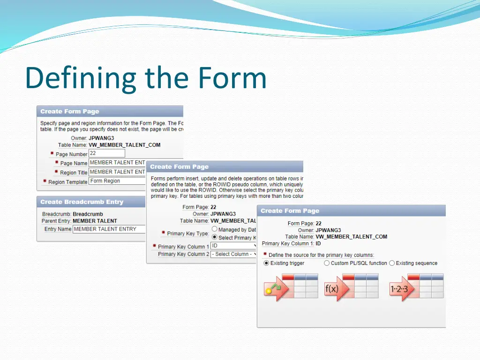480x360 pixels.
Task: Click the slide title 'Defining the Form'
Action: pyautogui.click(x=146, y=78)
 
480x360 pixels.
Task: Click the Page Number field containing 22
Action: pyautogui.click(x=106, y=153)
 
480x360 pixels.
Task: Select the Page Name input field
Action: pyautogui.click(x=117, y=163)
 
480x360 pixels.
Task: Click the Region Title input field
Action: pyautogui.click(x=117, y=172)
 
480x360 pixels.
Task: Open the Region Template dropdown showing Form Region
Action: pyautogui.click(x=117, y=181)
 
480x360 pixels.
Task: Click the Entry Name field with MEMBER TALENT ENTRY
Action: pyautogui.click(x=109, y=229)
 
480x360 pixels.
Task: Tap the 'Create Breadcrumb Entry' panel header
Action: pyautogui.click(x=82, y=202)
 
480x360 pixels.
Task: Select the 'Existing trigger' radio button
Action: pyautogui.click(x=267, y=263)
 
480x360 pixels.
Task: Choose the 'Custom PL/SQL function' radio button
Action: pyautogui.click(x=327, y=263)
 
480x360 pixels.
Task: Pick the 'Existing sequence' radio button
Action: pyautogui.click(x=392, y=263)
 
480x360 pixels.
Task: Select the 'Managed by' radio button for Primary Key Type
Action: pyautogui.click(x=214, y=229)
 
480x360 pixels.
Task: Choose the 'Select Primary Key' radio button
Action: pyautogui.click(x=214, y=238)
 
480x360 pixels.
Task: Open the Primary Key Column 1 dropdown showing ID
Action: pyautogui.click(x=234, y=246)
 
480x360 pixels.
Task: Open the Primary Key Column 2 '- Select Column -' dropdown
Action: pyautogui.click(x=234, y=254)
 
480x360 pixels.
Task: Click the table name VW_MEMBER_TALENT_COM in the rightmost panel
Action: pyautogui.click(x=351, y=237)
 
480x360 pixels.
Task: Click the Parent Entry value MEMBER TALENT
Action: pyautogui.click(x=95, y=221)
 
